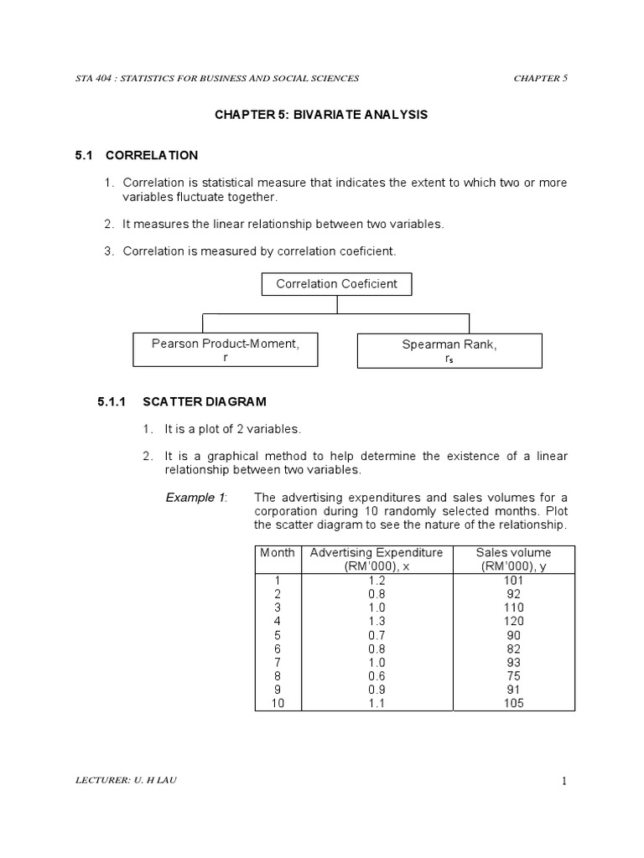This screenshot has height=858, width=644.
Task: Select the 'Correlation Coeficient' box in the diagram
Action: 336,284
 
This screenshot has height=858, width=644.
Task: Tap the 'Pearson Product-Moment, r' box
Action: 225,349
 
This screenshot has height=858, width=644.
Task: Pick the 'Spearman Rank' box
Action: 449,351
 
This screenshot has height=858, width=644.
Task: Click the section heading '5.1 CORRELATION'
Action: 136,155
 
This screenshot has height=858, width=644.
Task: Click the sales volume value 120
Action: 513,621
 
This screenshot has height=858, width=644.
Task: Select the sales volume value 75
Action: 513,676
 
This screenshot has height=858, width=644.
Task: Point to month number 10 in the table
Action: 277,704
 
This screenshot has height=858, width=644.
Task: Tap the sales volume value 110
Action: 513,607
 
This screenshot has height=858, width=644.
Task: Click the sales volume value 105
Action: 513,704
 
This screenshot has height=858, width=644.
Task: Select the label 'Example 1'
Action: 197,498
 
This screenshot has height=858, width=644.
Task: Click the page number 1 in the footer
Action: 564,782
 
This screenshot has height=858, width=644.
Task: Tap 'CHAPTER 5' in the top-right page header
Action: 540,78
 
